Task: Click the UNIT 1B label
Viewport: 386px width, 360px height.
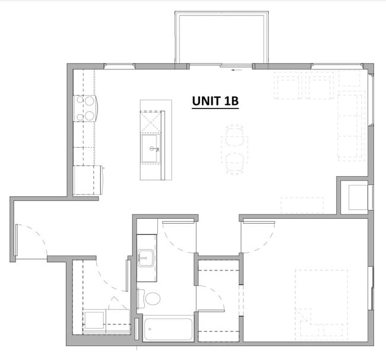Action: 215,101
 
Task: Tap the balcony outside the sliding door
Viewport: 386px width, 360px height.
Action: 220,37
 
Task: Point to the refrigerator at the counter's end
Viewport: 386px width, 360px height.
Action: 88,179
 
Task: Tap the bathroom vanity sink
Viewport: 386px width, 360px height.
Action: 146,258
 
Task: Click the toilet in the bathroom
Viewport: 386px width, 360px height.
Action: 151,298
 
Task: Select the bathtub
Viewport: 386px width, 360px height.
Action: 168,329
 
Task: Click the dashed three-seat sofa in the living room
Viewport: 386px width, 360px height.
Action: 350,125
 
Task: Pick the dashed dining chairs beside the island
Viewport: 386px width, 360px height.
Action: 234,149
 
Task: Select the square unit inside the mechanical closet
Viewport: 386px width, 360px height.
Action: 358,197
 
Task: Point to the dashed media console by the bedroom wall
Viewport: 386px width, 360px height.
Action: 302,205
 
